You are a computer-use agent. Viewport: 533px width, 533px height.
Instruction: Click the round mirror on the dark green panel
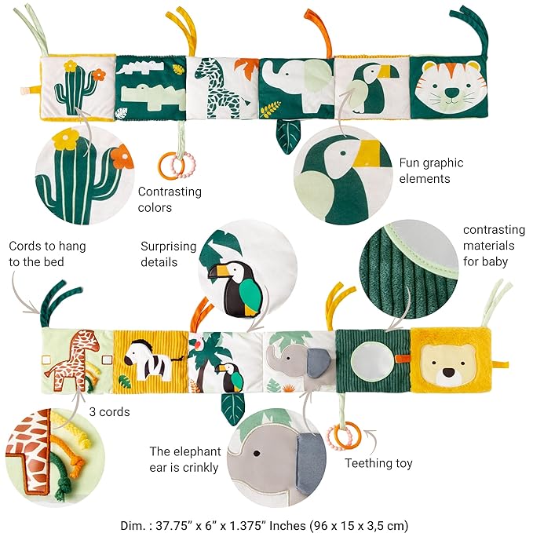[373, 360]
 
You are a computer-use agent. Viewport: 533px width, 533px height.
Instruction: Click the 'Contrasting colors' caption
[170, 199]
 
